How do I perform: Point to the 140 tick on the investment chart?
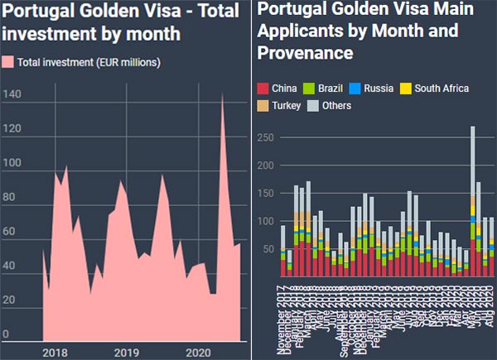coord(12,95)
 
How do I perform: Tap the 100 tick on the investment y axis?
coord(12,163)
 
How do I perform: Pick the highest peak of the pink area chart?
coord(222,94)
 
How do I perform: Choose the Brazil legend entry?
coord(324,89)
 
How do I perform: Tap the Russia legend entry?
coord(375,89)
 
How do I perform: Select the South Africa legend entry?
coord(434,89)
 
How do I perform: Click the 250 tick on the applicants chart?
coord(263,137)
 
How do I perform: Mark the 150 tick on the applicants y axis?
coord(263,194)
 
